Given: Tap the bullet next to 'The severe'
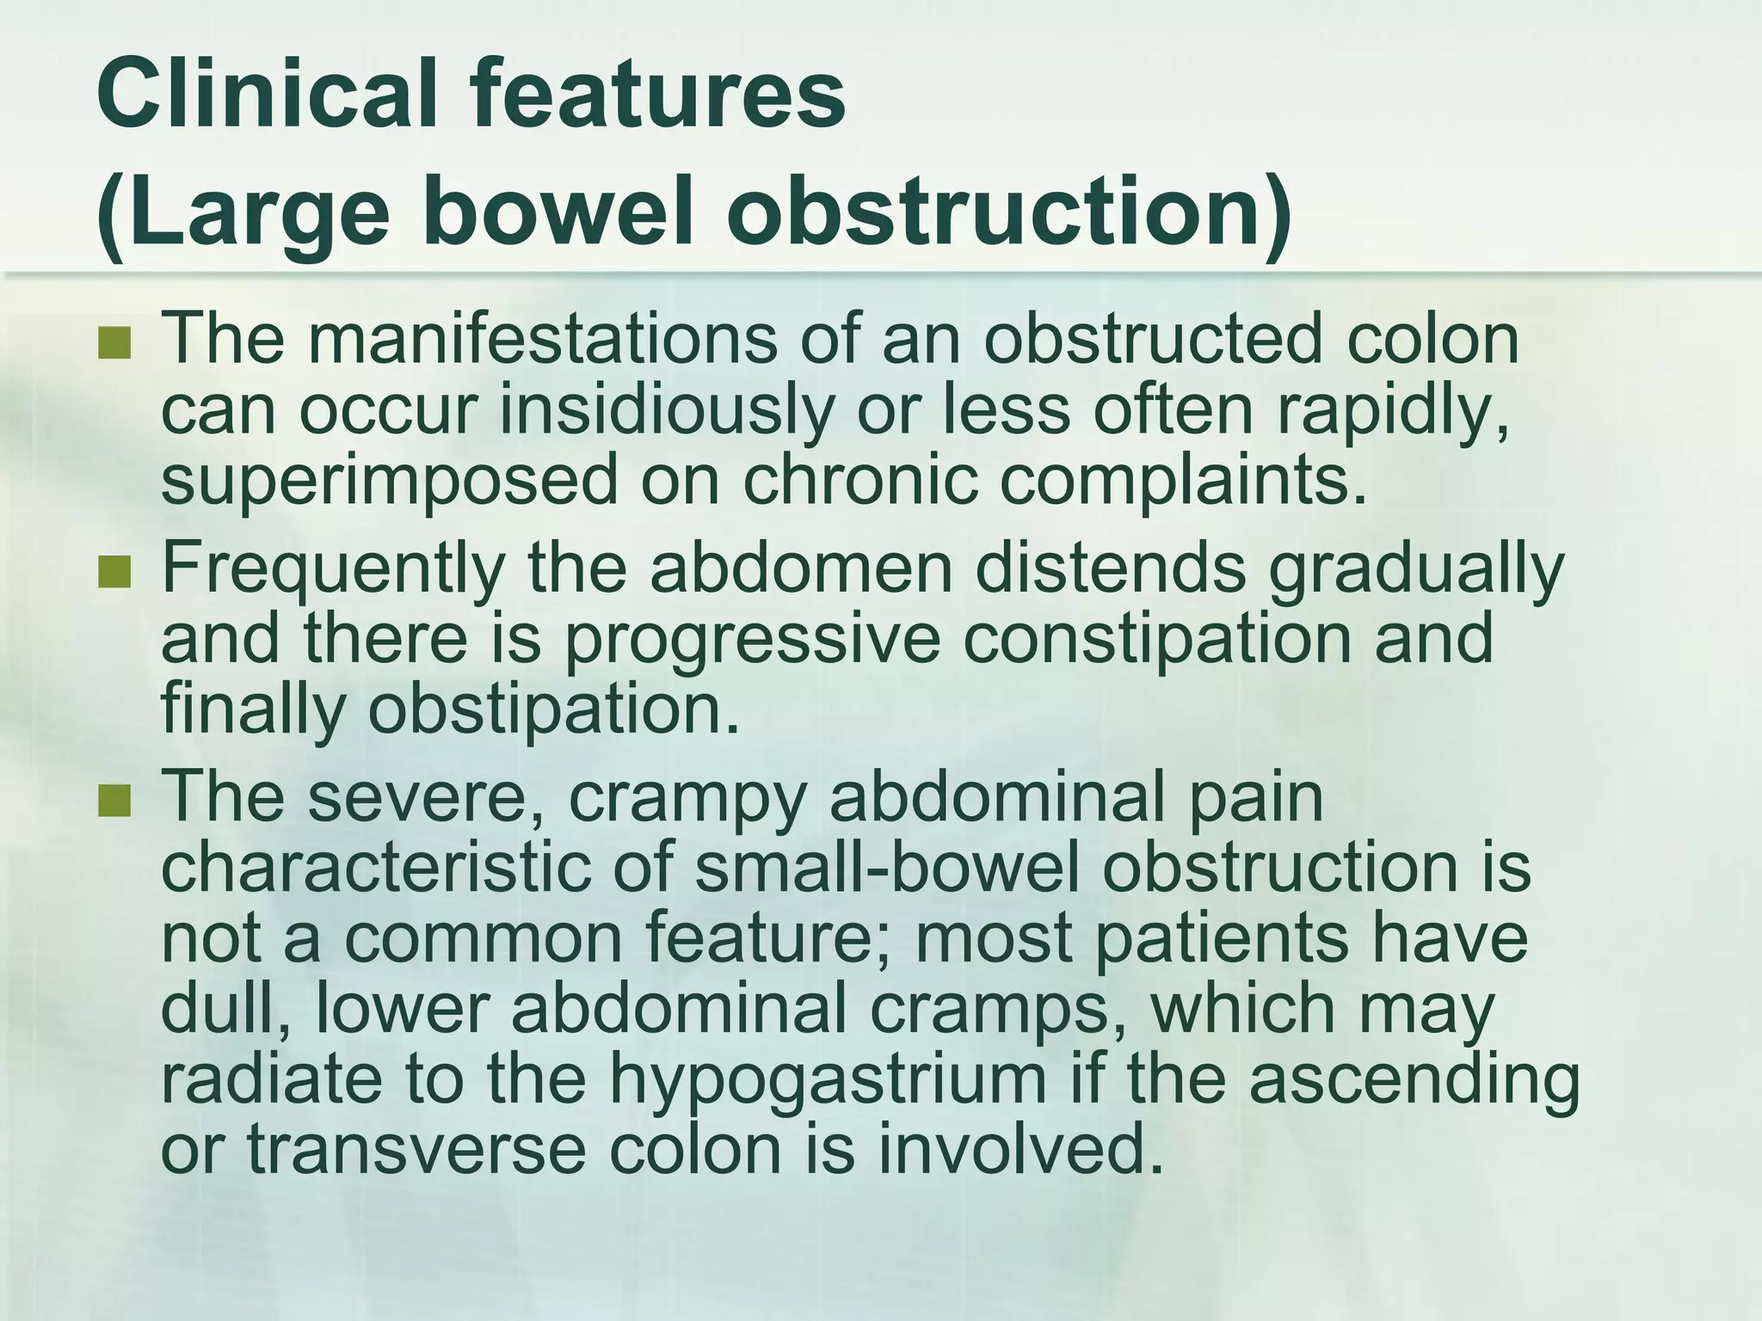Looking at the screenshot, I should [x=114, y=801].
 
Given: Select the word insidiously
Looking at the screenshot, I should [x=667, y=409].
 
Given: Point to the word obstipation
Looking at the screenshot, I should [x=554, y=710].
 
